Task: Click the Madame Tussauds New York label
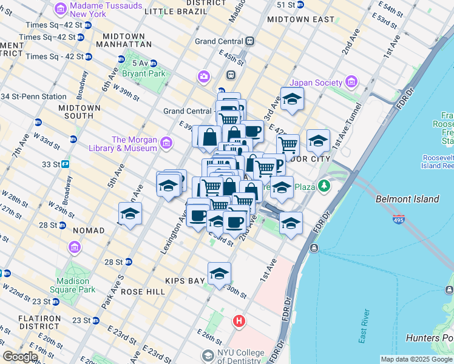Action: pyautogui.click(x=106, y=10)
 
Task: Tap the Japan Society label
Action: pyautogui.click(x=316, y=83)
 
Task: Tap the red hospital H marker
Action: pyautogui.click(x=240, y=321)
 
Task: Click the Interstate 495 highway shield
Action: pyautogui.click(x=399, y=220)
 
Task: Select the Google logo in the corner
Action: pyautogui.click(x=20, y=357)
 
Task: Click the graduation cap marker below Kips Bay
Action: pyautogui.click(x=219, y=274)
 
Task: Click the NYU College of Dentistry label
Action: pyautogui.click(x=240, y=357)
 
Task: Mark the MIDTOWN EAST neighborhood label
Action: pyautogui.click(x=301, y=19)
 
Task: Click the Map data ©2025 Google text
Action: pyautogui.click(x=416, y=359)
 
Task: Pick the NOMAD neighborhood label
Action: pyautogui.click(x=89, y=231)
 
